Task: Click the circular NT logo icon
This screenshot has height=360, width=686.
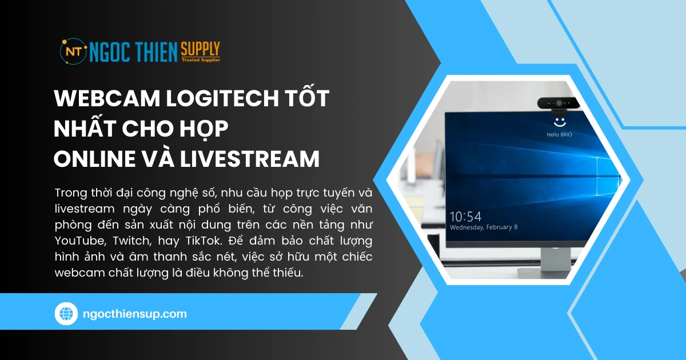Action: [x=73, y=51]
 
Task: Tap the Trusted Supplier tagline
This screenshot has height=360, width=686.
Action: [x=200, y=59]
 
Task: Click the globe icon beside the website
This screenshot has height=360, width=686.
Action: [x=66, y=314]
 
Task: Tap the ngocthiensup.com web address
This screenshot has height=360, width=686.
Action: [x=135, y=314]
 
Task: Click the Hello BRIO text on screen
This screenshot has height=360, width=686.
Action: [x=559, y=134]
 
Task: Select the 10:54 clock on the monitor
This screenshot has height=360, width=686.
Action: [x=466, y=216]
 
